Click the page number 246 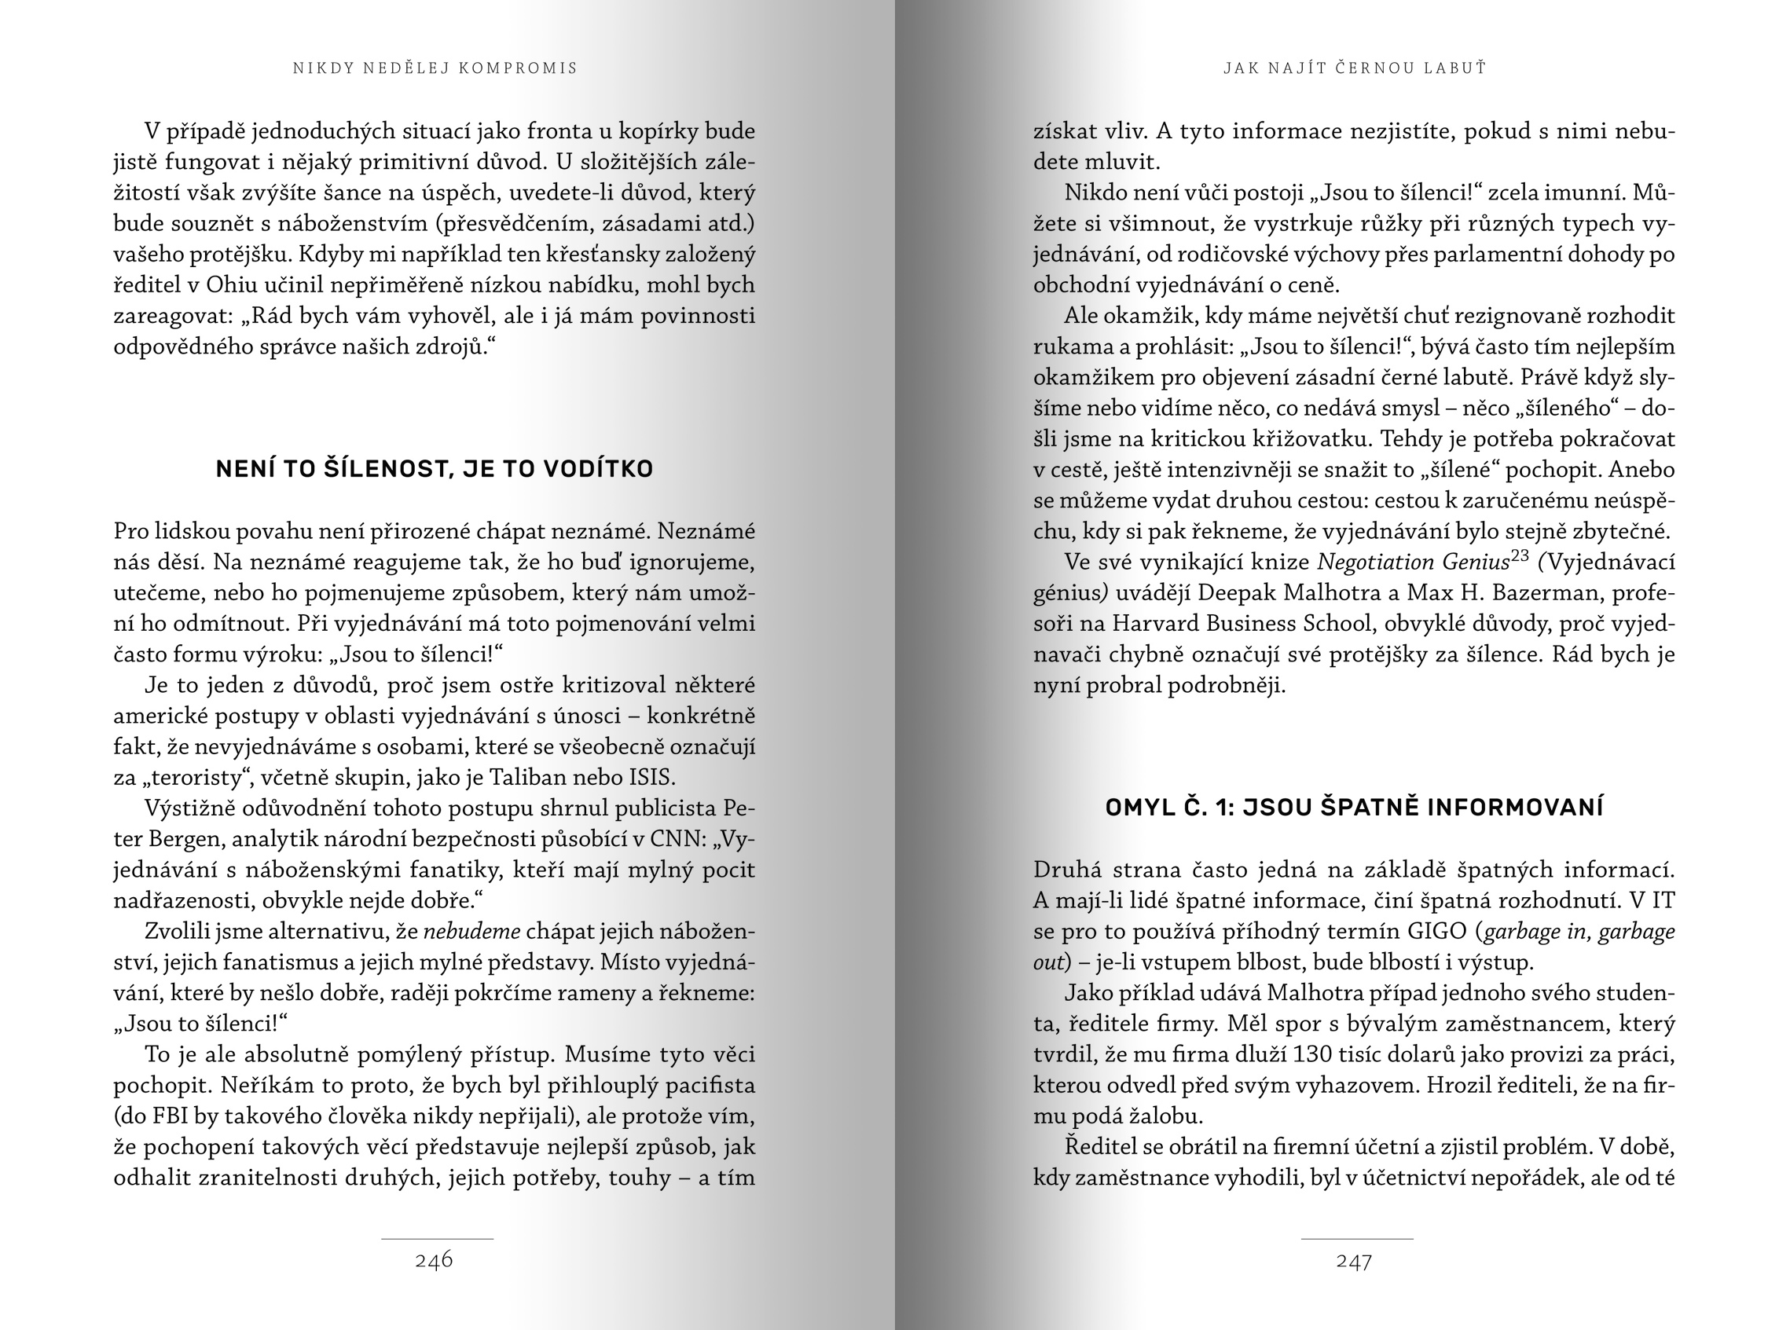(x=434, y=1261)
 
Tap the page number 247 (x=1354, y=1262)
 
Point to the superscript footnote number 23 (x=1520, y=555)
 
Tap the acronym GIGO (x=1437, y=932)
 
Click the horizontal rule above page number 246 (x=436, y=1238)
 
